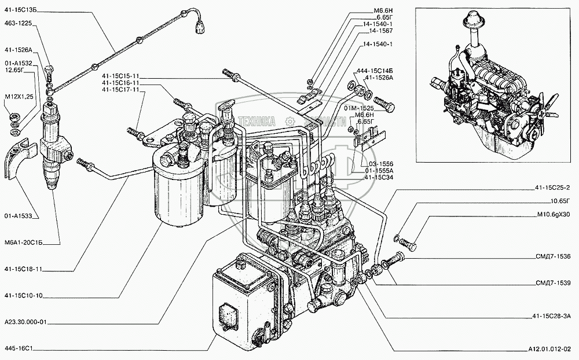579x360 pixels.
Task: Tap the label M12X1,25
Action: [19, 97]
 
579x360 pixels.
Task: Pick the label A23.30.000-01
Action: [26, 322]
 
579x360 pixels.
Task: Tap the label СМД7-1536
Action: [553, 256]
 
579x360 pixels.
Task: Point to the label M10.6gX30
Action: [554, 215]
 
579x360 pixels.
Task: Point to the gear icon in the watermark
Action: [290, 122]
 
